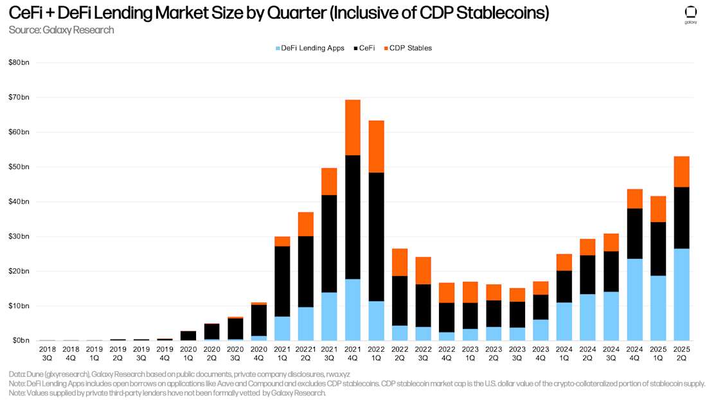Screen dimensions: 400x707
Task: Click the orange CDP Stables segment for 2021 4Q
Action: [x=353, y=127]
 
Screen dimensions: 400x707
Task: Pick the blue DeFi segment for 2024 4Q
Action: [x=634, y=299]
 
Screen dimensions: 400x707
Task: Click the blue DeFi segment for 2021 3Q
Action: [x=329, y=316]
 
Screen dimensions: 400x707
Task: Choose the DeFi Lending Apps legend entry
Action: [x=310, y=48]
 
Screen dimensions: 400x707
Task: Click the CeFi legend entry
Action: [x=364, y=48]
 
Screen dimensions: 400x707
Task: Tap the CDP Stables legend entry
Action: [x=407, y=48]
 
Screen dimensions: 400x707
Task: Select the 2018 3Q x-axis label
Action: [x=47, y=352]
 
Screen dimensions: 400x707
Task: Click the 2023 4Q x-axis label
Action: [x=541, y=352]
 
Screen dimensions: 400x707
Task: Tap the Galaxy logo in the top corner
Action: [x=690, y=15]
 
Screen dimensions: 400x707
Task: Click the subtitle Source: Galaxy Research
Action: [x=62, y=30]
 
